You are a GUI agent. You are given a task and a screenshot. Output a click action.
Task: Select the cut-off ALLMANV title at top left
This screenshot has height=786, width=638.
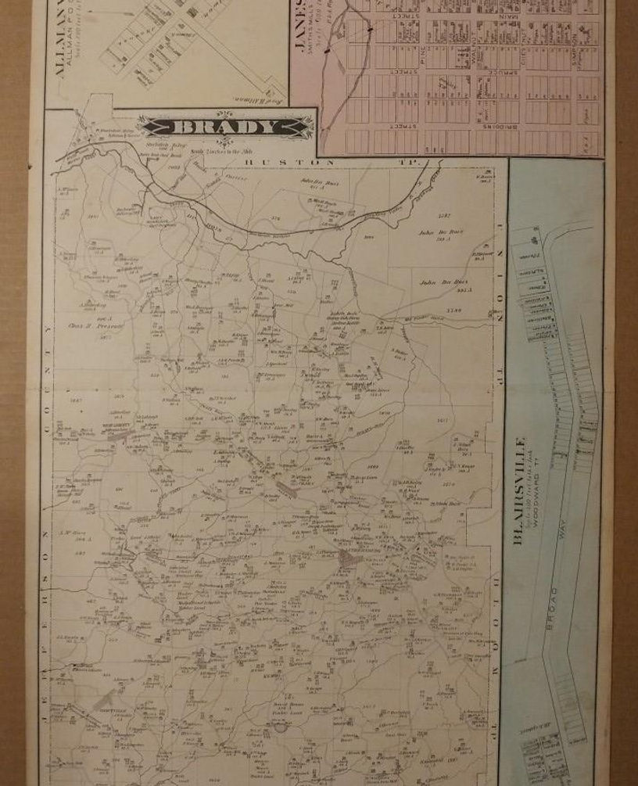(x=59, y=39)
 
